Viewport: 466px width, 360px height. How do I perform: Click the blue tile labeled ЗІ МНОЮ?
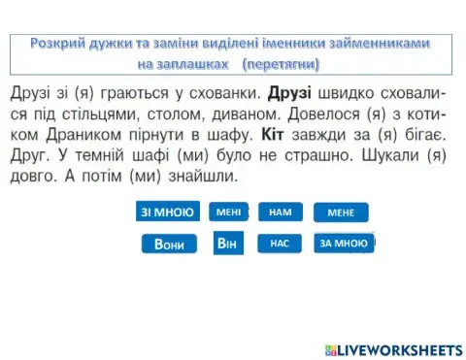click(168, 212)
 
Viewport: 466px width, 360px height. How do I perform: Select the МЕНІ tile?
click(228, 212)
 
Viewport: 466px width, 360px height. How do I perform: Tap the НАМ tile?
click(281, 212)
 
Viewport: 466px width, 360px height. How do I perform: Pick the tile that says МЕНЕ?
click(341, 213)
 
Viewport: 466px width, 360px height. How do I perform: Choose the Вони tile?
click(169, 244)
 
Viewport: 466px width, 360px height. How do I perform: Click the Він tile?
click(227, 244)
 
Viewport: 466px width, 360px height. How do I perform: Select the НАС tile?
click(280, 244)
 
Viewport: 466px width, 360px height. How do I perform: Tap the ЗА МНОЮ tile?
click(344, 244)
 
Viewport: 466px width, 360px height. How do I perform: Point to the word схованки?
click(212, 98)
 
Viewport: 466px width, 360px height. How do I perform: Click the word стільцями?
click(97, 119)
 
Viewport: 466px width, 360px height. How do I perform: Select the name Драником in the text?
click(73, 141)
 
